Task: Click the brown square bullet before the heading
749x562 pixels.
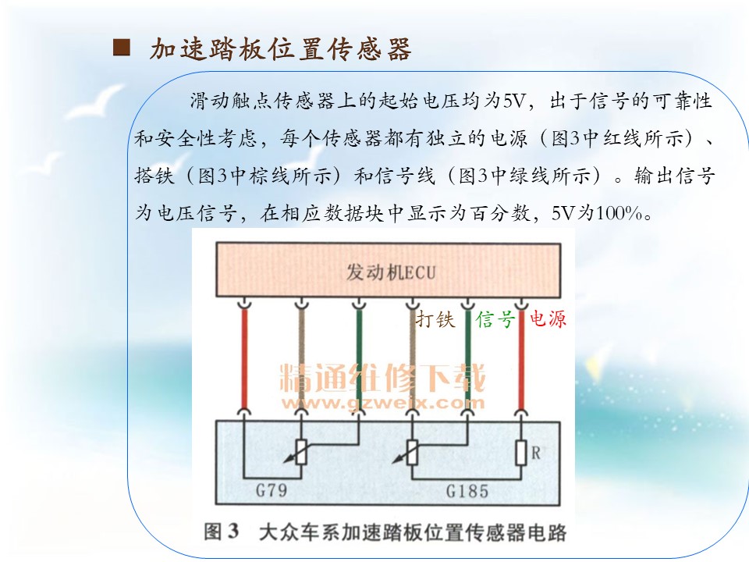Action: [122, 48]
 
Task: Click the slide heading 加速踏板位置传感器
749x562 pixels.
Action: [280, 48]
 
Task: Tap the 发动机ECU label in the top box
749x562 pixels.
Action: [391, 272]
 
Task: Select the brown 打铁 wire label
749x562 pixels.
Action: [435, 318]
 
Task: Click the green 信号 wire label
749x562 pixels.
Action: [495, 318]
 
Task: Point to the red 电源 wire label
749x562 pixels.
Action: [548, 318]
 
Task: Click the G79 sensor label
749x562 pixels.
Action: [272, 490]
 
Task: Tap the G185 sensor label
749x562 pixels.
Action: [467, 491]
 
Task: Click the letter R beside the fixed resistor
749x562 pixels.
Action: [536, 453]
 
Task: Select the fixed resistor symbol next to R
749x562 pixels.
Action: [521, 453]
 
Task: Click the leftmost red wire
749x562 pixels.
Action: [244, 357]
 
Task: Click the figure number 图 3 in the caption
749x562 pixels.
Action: [221, 532]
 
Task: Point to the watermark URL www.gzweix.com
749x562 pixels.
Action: [383, 403]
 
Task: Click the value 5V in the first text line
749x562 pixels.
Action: [514, 101]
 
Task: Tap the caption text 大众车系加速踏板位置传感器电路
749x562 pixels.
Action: [413, 532]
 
